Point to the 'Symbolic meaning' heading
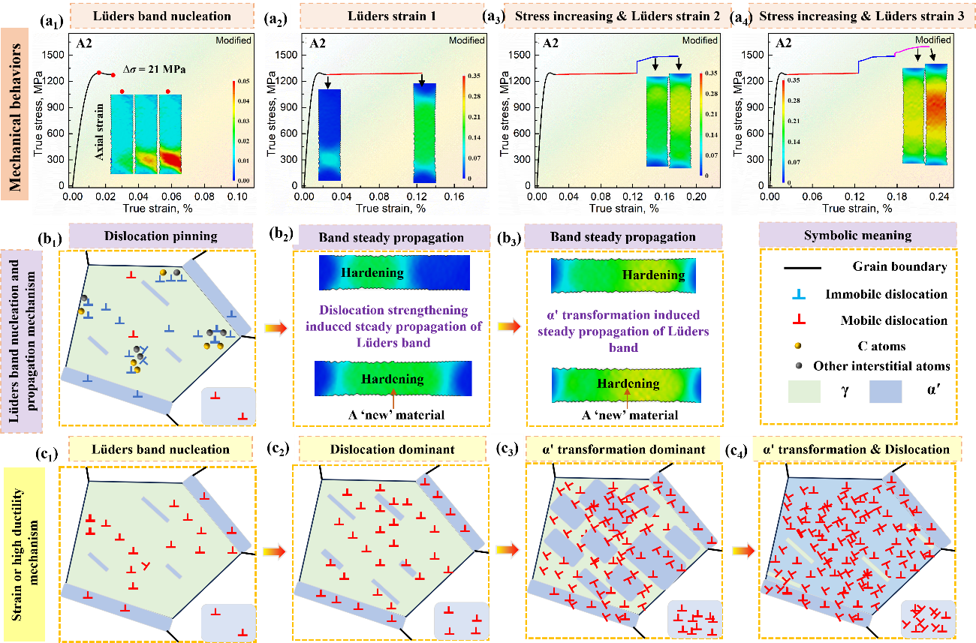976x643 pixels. [x=857, y=236]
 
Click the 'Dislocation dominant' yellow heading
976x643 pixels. [x=393, y=449]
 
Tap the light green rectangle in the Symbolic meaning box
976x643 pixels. [x=803, y=392]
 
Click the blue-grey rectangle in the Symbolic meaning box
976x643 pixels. [x=885, y=392]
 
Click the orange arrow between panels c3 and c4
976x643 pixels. [x=740, y=551]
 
